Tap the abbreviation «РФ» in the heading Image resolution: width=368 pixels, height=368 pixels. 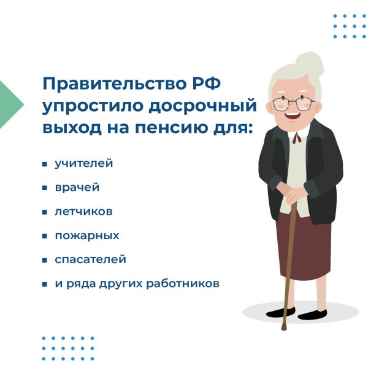pos(207,83)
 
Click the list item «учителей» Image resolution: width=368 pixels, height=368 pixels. pos(84,163)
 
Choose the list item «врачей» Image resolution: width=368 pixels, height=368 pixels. pos(77,188)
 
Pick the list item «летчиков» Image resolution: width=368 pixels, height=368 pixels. pos(83,212)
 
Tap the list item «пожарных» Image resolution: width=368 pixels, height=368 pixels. pos(87,236)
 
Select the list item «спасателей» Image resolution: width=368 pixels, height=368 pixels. pos(90,259)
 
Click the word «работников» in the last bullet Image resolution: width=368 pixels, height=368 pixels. pos(183,283)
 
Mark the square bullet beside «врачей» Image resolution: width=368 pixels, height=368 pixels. pos(45,188)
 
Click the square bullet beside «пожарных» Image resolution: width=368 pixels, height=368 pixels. pos(45,236)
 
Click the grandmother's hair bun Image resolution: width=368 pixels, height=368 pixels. pos(310,64)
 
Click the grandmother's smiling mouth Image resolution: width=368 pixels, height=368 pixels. pos(292,116)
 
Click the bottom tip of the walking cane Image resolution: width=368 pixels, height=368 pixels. pos(284,329)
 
